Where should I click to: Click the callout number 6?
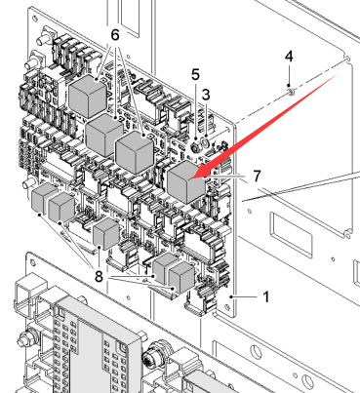pyautogui.click(x=115, y=35)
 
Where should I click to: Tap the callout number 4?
pyautogui.click(x=289, y=57)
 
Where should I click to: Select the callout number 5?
pyautogui.click(x=195, y=74)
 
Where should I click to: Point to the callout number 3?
pyautogui.click(x=206, y=95)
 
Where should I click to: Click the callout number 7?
pyautogui.click(x=257, y=176)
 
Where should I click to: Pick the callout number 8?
pyautogui.click(x=99, y=277)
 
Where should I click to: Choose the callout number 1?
pyautogui.click(x=266, y=296)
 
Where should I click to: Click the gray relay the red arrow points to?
pyautogui.click(x=186, y=181)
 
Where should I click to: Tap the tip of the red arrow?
pyautogui.click(x=193, y=177)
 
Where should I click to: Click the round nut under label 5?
pyautogui.click(x=196, y=147)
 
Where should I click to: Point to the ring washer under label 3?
pyautogui.click(x=206, y=142)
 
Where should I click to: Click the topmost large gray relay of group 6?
pyautogui.click(x=88, y=96)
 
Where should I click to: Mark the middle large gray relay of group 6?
pyautogui.click(x=104, y=136)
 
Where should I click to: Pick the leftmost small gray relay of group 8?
pyautogui.click(x=44, y=197)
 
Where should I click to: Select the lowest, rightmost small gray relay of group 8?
pyautogui.click(x=182, y=278)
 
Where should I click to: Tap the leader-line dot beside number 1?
pyautogui.click(x=231, y=296)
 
